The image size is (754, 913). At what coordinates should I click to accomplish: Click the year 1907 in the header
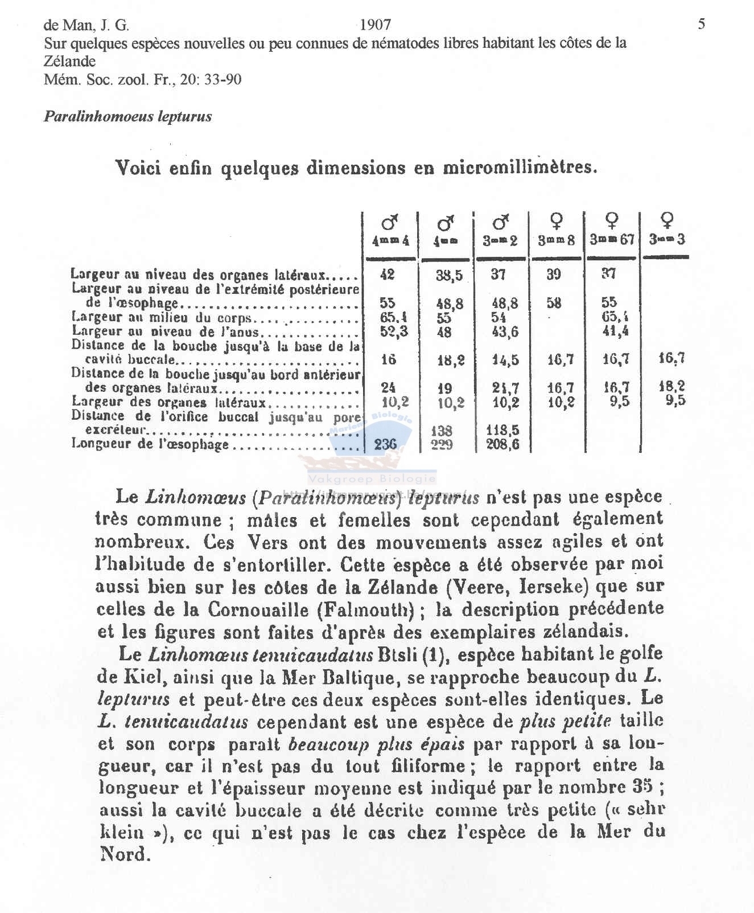[x=376, y=24]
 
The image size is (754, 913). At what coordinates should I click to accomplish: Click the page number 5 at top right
[x=702, y=24]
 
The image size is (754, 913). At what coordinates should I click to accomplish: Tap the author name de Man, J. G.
[x=86, y=25]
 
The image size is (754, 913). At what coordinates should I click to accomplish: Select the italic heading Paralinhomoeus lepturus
[x=127, y=117]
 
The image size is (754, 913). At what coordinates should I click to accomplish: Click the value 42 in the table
[x=387, y=275]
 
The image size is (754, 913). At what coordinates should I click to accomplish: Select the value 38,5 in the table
[x=450, y=276]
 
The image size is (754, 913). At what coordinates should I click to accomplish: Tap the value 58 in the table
[x=554, y=302]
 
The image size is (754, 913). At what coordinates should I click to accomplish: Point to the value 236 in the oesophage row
[x=385, y=444]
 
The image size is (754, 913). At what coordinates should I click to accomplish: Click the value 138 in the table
[x=442, y=431]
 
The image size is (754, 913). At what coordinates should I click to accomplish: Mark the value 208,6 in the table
[x=502, y=444]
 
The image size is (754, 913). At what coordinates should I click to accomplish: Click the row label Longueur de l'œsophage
[x=150, y=444]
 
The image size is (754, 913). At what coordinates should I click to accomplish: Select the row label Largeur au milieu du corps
[x=162, y=318]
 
